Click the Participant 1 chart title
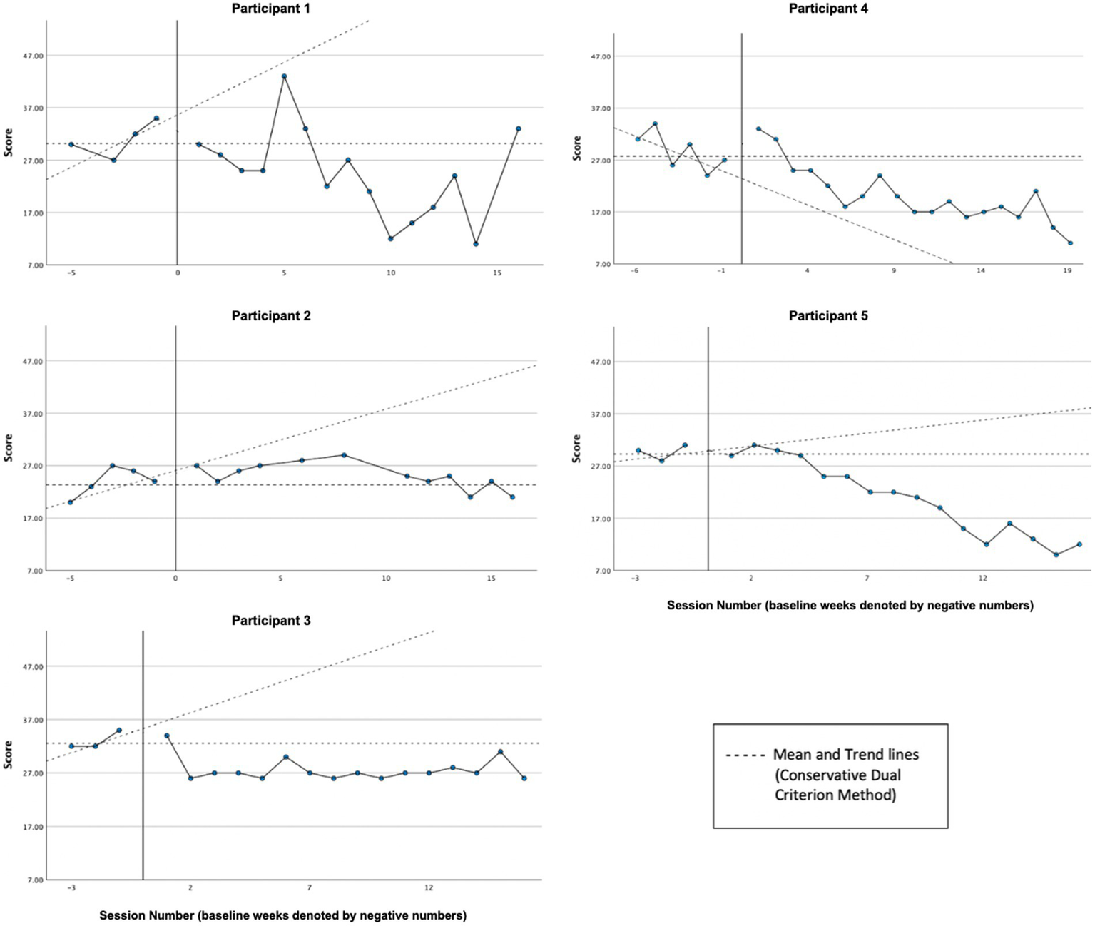pos(271,9)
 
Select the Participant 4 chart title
pos(828,9)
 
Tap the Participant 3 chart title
pos(271,621)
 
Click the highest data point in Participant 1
pos(284,76)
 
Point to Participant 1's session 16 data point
pos(519,129)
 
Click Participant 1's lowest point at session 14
pos(476,244)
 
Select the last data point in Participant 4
pos(1070,243)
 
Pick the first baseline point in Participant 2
pos(70,502)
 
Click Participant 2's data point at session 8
pos(344,455)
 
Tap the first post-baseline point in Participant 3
pos(167,736)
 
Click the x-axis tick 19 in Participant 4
pos(1067,271)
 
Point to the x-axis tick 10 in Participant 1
pos(390,273)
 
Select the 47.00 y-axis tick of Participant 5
pos(601,362)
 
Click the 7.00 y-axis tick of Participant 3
pos(34,880)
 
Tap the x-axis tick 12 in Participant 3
pos(429,888)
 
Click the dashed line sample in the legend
pos(745,755)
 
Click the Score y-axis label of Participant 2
pos(9,447)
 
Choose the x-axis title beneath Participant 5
pos(850,606)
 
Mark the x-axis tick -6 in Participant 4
pos(634,271)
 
